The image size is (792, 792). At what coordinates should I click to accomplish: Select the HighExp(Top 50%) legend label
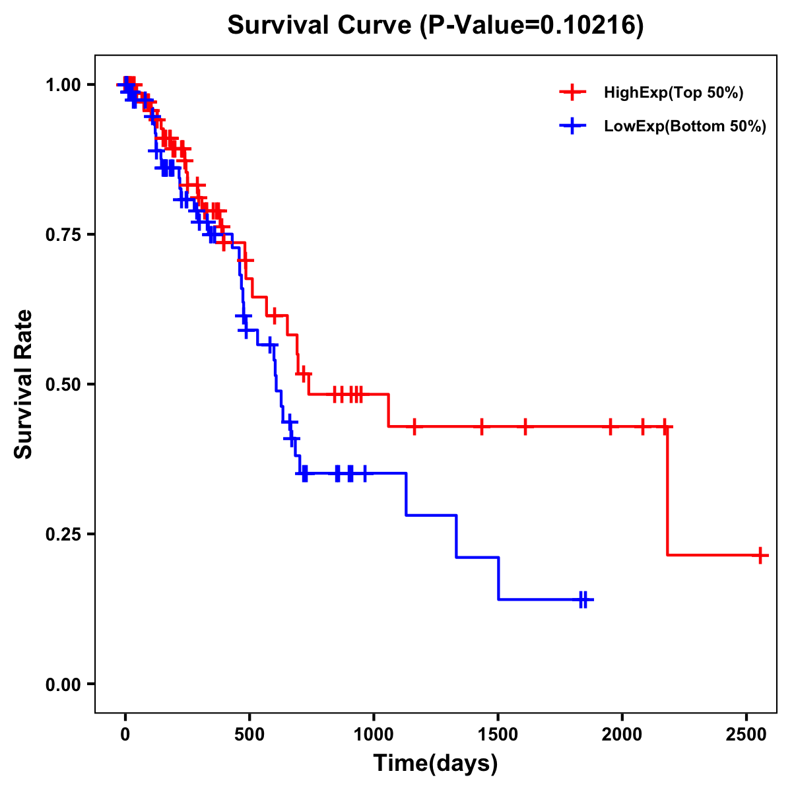(674, 93)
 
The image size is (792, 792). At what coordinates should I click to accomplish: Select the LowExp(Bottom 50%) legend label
(685, 127)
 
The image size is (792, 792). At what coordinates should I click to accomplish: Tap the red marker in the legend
(573, 92)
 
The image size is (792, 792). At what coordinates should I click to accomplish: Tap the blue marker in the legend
(573, 126)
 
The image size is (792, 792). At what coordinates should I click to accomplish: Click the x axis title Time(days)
(436, 764)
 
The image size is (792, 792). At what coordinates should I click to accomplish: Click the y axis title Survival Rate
(24, 383)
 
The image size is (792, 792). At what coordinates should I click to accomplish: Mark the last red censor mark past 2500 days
(760, 555)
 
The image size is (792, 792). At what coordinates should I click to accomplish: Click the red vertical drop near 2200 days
(667, 492)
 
